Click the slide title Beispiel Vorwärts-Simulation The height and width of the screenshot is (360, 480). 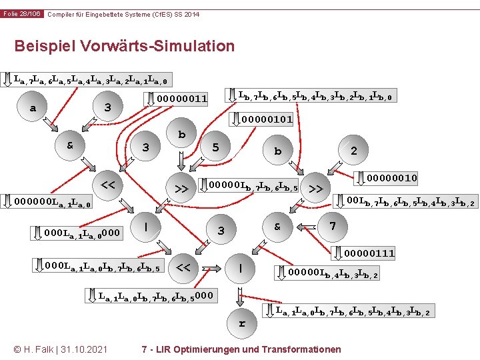(x=124, y=46)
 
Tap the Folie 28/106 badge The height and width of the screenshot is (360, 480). (x=22, y=14)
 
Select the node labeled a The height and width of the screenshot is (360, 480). (x=34, y=108)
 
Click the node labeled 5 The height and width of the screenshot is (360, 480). (x=215, y=147)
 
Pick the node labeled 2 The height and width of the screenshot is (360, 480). (x=353, y=151)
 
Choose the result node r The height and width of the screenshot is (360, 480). (x=241, y=323)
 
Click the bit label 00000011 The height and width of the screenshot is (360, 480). (x=181, y=99)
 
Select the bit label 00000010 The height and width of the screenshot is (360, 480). (x=391, y=178)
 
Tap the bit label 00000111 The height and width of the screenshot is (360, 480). (x=369, y=253)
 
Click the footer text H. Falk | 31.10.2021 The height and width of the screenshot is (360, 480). (x=61, y=349)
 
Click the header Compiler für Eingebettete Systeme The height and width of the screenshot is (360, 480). (x=123, y=14)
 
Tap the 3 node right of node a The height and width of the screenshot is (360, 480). (x=108, y=107)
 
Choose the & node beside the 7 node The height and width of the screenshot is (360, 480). (x=278, y=227)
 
